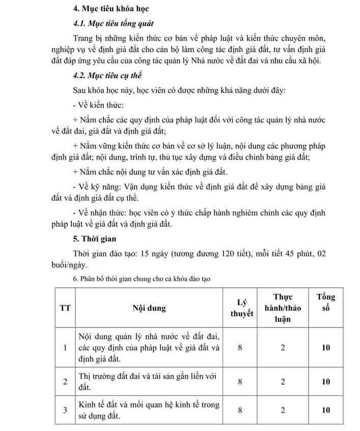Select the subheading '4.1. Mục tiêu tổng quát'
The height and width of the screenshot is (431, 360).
(x=113, y=24)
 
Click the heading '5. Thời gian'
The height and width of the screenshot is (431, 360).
(x=94, y=238)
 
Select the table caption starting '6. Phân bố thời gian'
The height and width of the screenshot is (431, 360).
(x=142, y=279)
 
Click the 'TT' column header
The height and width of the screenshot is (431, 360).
(x=65, y=308)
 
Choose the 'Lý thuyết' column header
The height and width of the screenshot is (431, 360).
(x=241, y=308)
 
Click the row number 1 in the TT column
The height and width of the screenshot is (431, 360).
(x=65, y=347)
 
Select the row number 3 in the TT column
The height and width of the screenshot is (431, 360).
(x=65, y=410)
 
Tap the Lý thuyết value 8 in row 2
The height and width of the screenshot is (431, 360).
(x=241, y=382)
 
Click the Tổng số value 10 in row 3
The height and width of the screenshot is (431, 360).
(x=326, y=410)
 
